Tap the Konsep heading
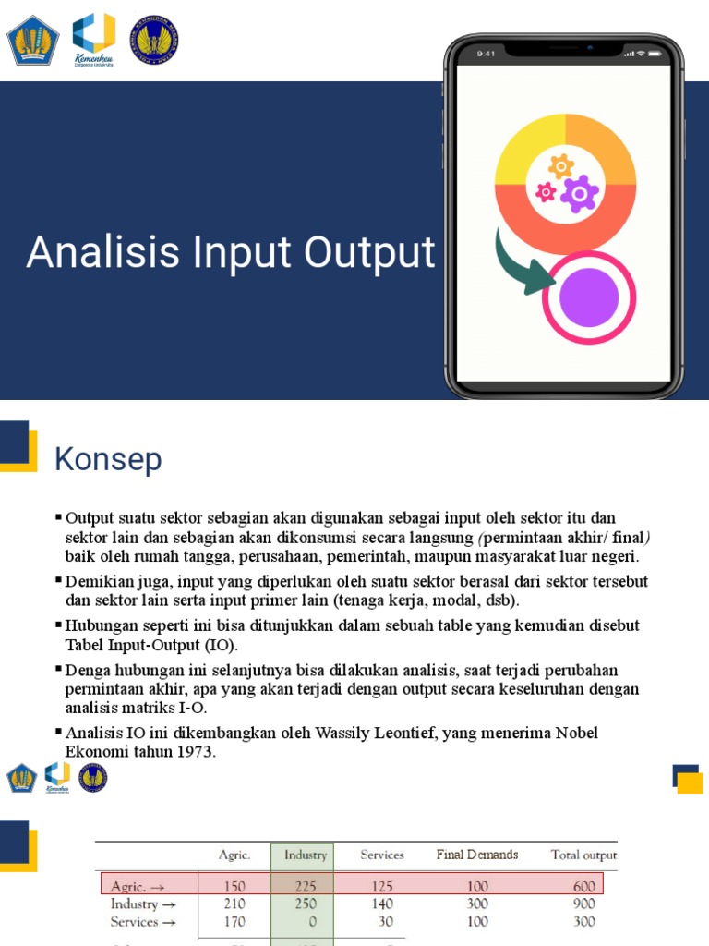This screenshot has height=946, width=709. click(108, 459)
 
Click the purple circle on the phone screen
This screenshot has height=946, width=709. click(588, 297)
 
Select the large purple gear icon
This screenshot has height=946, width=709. click(580, 193)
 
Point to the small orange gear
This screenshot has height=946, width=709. click(560, 166)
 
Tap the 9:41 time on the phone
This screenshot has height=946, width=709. click(487, 54)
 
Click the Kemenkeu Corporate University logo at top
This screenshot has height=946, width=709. click(93, 39)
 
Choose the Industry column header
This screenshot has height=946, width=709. click(306, 855)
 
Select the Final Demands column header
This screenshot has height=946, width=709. click(476, 855)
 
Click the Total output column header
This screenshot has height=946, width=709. click(583, 855)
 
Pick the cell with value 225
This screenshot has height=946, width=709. click(306, 887)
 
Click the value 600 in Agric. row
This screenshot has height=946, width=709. click(583, 887)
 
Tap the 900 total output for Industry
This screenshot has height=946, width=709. click(583, 904)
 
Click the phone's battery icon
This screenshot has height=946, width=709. click(655, 54)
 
